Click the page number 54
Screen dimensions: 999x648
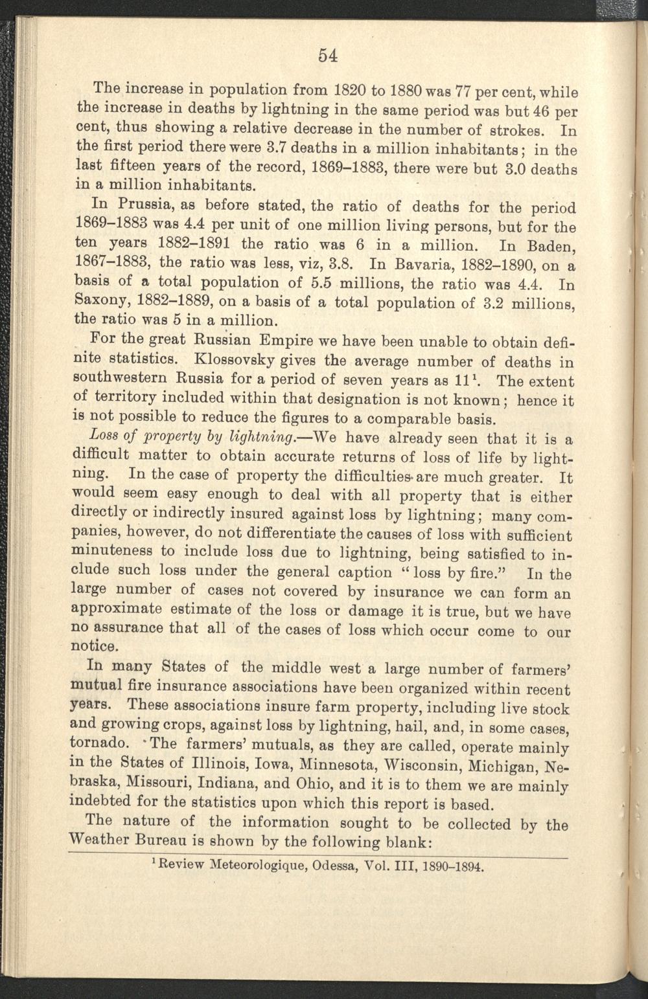(x=328, y=55)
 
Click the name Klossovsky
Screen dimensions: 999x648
(x=245, y=357)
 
